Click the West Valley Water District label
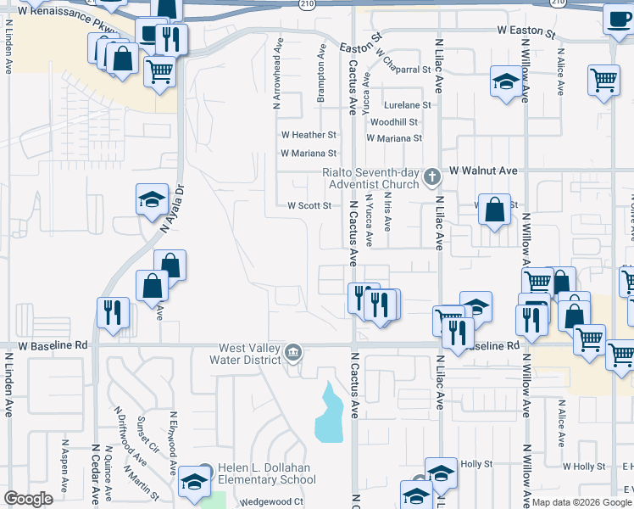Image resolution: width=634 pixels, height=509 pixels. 249,354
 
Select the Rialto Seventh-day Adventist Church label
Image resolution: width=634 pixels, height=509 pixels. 370,177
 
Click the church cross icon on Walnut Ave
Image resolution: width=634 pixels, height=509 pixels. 431,177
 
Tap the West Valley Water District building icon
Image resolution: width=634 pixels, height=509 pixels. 293,351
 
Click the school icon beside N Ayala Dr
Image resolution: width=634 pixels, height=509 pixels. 152,199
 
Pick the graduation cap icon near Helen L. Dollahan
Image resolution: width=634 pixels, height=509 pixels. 194,480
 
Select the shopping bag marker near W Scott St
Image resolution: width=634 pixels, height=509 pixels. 494,209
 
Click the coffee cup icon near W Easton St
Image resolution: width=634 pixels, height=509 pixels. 616,18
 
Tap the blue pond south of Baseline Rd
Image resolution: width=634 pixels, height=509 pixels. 329,413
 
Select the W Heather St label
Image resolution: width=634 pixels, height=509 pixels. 309,135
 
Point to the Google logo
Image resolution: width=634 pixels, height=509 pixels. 29,499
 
